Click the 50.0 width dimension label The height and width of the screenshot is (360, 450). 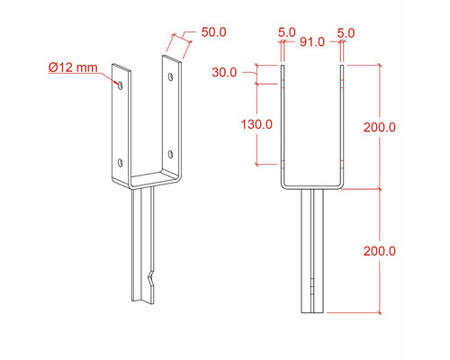[x=214, y=31]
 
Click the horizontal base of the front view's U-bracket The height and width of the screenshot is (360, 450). [x=312, y=187]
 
